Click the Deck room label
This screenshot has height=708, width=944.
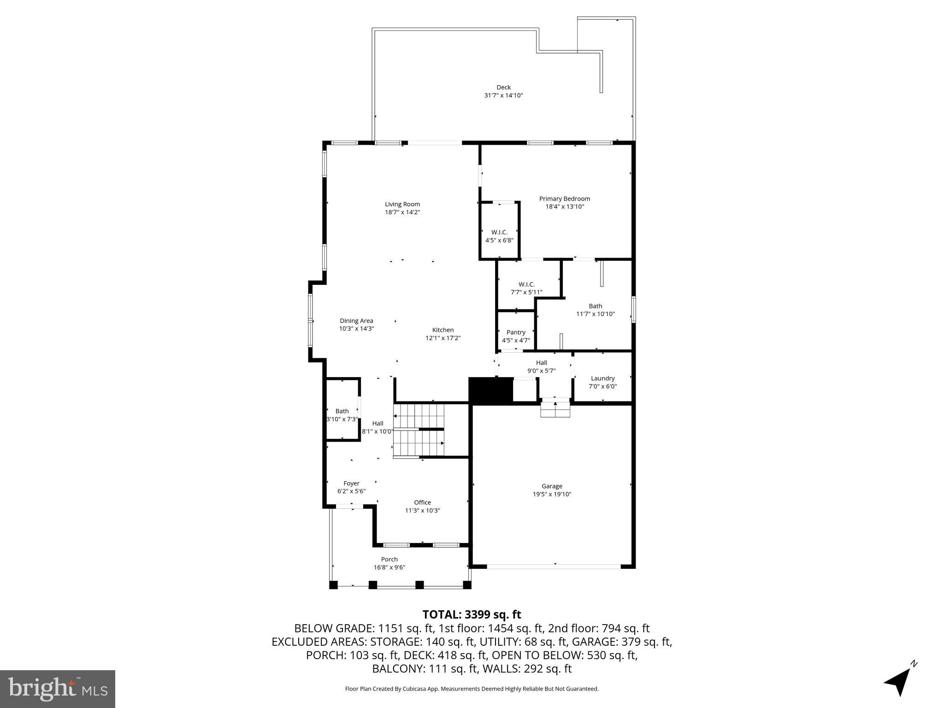coord(503,87)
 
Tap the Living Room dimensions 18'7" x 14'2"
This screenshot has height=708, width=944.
coord(402,212)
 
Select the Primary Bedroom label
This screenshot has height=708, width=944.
coord(565,199)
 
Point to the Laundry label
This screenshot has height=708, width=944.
coord(602,378)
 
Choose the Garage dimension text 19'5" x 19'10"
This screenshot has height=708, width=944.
coord(552,494)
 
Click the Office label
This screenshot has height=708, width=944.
coord(422,502)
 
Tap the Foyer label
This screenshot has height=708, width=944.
coord(351,484)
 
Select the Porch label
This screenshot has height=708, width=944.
coord(389,560)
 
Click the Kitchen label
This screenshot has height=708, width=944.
coord(442,330)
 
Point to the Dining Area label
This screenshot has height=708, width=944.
coord(356,321)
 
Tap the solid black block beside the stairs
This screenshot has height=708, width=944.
coord(490,390)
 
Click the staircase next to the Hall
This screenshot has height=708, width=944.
coord(419,431)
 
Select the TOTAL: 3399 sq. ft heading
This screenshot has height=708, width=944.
coord(472,614)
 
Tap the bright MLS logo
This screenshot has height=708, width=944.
coord(58,689)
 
